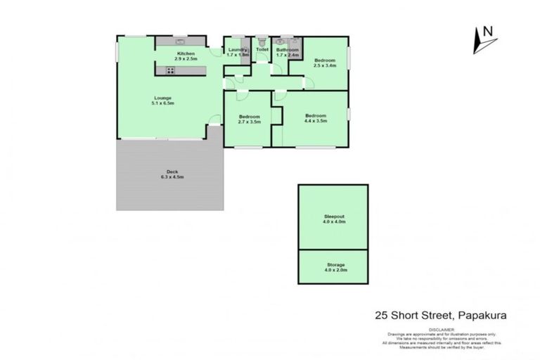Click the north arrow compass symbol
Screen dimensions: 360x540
pos(484,39)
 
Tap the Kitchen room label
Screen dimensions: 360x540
pos(186,54)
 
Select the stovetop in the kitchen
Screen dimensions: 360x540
pos(170,70)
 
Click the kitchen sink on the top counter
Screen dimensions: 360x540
pos(181,39)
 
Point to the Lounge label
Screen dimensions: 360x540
pos(162,98)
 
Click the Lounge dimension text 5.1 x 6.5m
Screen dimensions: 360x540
pos(162,103)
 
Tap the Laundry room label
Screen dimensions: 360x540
pos(236,49)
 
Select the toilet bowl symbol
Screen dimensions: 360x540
pos(262,41)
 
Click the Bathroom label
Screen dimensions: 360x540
pos(287,50)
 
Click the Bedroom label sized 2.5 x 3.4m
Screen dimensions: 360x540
pos(325,60)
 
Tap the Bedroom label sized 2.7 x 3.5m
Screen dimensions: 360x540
pos(250,117)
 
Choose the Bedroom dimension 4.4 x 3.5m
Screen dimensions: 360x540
pos(315,121)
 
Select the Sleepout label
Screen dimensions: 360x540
pos(334,217)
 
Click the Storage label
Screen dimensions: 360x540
pos(334,264)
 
